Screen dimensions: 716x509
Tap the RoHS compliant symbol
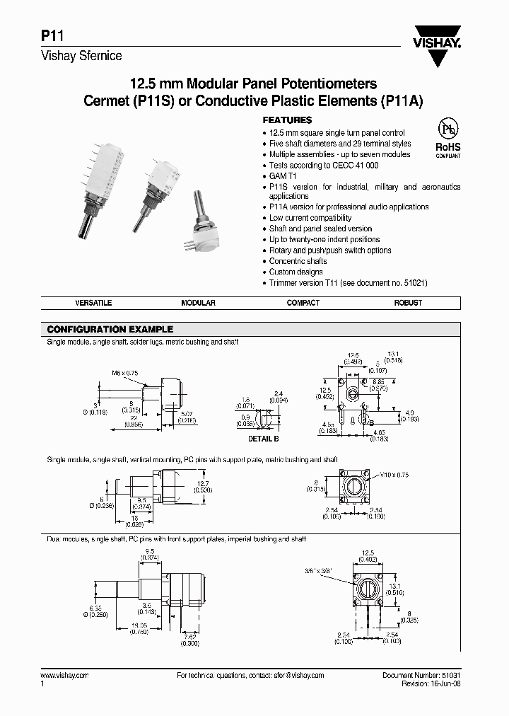pos(447,137)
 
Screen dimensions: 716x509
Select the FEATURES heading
pos(287,120)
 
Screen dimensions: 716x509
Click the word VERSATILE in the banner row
pos(93,303)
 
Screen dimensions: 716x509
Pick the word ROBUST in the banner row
pos(408,303)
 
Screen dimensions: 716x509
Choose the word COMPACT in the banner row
pos(303,303)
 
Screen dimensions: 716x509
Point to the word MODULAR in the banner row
pos(198,303)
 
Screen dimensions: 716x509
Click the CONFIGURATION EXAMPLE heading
pos(110,330)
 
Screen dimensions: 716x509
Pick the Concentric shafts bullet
pos(298,261)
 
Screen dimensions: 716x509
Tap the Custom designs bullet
pos(296,272)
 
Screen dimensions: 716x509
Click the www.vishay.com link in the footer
pos(65,676)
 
